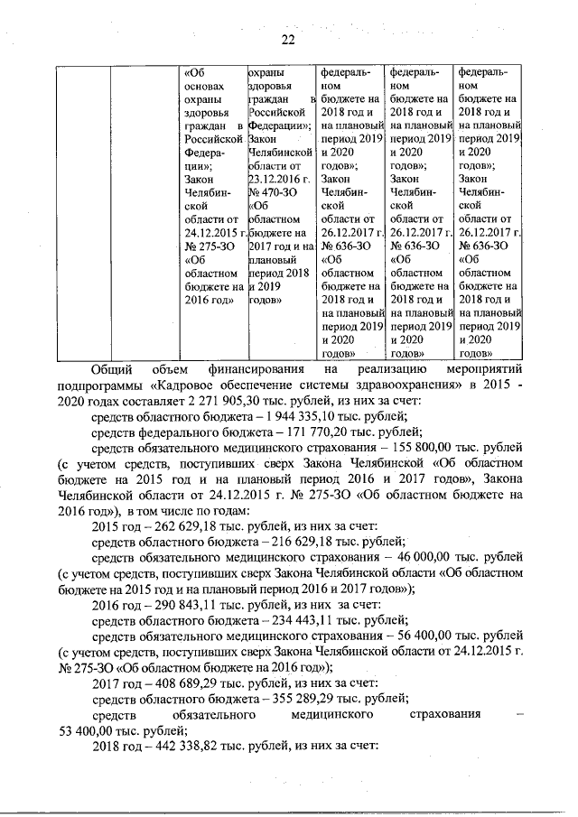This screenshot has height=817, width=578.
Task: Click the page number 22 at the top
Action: [x=289, y=39]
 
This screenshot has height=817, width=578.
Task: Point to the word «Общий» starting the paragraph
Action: [x=113, y=368]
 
